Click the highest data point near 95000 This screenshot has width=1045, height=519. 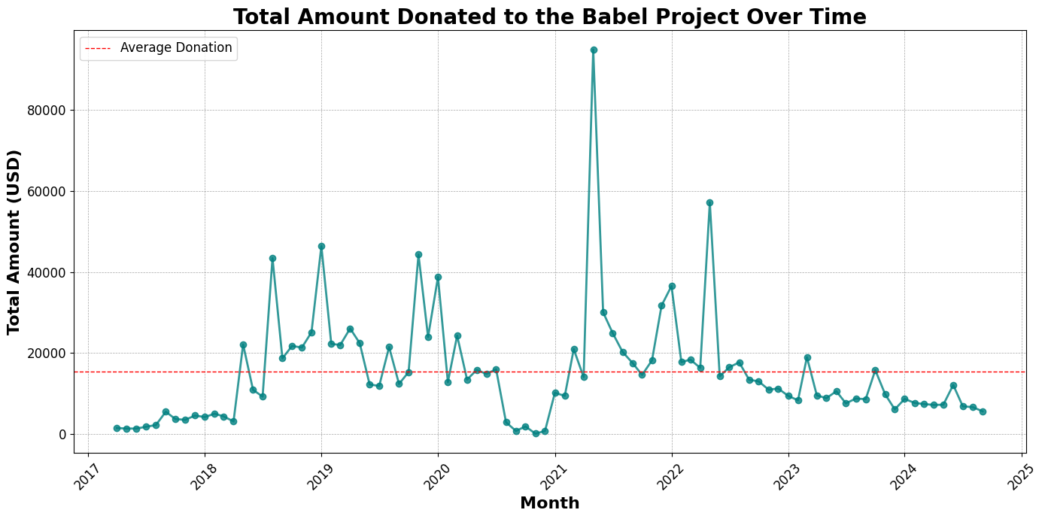(x=594, y=50)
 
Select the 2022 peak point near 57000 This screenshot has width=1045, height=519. (x=709, y=202)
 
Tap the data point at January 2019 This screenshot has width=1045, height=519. (x=321, y=246)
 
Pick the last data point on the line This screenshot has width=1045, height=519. (x=983, y=411)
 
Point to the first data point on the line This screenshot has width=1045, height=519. (x=117, y=428)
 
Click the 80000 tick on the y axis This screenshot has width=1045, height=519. (x=47, y=110)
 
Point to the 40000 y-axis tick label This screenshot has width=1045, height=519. (x=47, y=272)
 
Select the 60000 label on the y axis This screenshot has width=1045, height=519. (x=47, y=191)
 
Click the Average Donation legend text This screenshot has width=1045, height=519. (x=176, y=48)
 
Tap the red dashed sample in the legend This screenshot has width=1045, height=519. (x=98, y=48)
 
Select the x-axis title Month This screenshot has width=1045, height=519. (x=549, y=503)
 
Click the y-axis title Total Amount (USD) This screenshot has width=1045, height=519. (x=14, y=241)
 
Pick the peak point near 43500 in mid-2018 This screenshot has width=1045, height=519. (x=272, y=258)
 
